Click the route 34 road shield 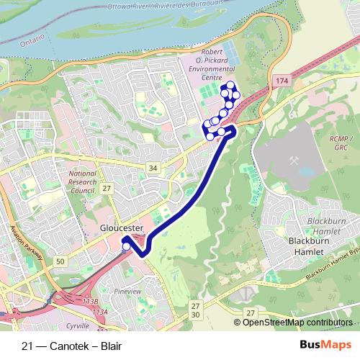[152, 168]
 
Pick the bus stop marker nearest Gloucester [127, 247]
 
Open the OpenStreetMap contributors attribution [297, 322]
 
